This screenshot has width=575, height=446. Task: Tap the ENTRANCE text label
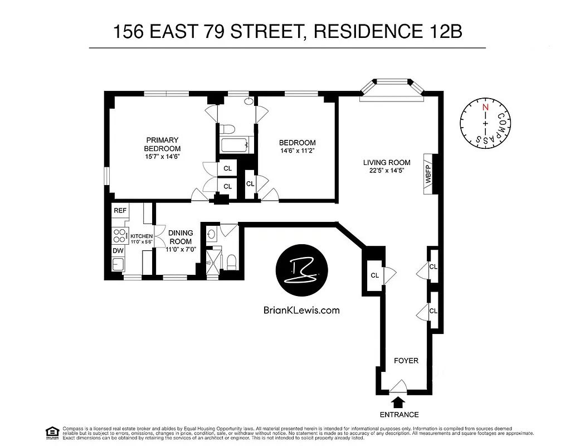coord(399,414)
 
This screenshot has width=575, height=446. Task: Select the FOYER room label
coord(406,361)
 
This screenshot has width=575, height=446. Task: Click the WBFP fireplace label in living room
coord(428,174)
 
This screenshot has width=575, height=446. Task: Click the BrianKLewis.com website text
coord(301,311)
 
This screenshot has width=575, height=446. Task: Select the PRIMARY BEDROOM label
coord(162,144)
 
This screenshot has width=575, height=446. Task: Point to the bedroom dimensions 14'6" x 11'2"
coord(298,151)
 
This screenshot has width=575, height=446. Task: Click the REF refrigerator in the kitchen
coord(120,211)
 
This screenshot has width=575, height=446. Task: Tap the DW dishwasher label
coord(118,251)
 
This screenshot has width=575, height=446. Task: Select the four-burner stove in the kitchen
coord(119,235)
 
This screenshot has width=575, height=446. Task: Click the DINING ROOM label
coord(181,237)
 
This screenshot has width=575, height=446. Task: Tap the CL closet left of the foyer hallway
coord(374,275)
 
